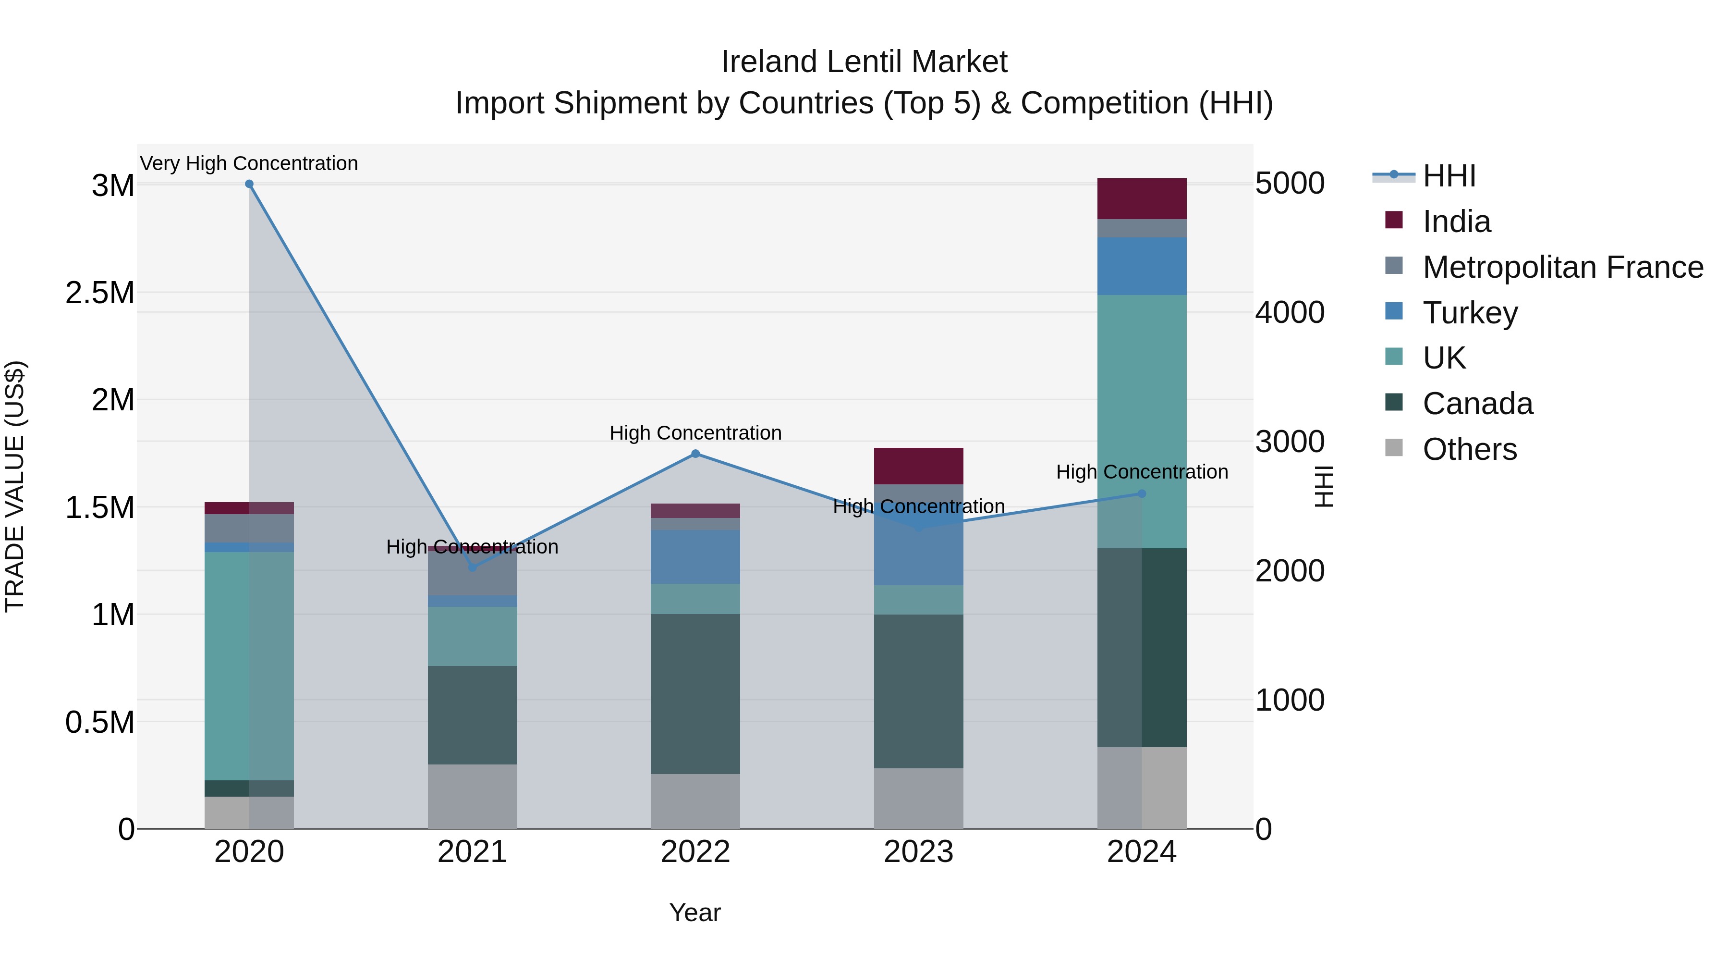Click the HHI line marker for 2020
point(249,184)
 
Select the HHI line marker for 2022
point(695,454)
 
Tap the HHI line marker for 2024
point(1142,493)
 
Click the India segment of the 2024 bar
point(1142,199)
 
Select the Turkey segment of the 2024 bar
point(1142,266)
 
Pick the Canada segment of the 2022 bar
point(695,694)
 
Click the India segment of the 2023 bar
point(918,466)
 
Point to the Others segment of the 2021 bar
point(473,796)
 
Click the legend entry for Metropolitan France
point(1562,267)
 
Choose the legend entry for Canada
point(1477,404)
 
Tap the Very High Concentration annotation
point(249,163)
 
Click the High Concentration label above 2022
point(695,433)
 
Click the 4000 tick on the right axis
point(1290,313)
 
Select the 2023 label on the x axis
point(918,852)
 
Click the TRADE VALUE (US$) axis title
point(15,486)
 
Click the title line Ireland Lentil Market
point(864,62)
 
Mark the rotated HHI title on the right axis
point(1323,486)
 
